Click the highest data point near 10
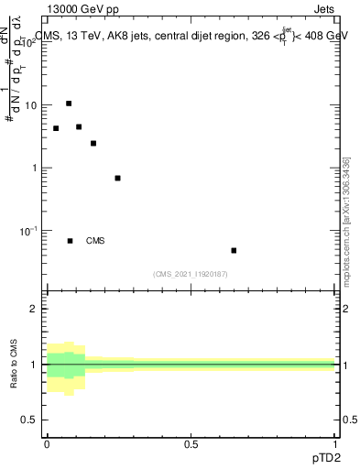[69, 104]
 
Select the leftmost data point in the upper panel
[56, 128]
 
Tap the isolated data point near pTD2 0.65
[234, 250]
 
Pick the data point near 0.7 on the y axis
[117, 178]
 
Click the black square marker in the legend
[70, 241]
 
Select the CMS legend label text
[95, 241]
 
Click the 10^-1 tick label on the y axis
[27, 230]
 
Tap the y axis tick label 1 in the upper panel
[34, 168]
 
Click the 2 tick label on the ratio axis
[34, 309]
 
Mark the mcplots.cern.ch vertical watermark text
[345, 220]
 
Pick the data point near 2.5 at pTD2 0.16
[93, 143]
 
